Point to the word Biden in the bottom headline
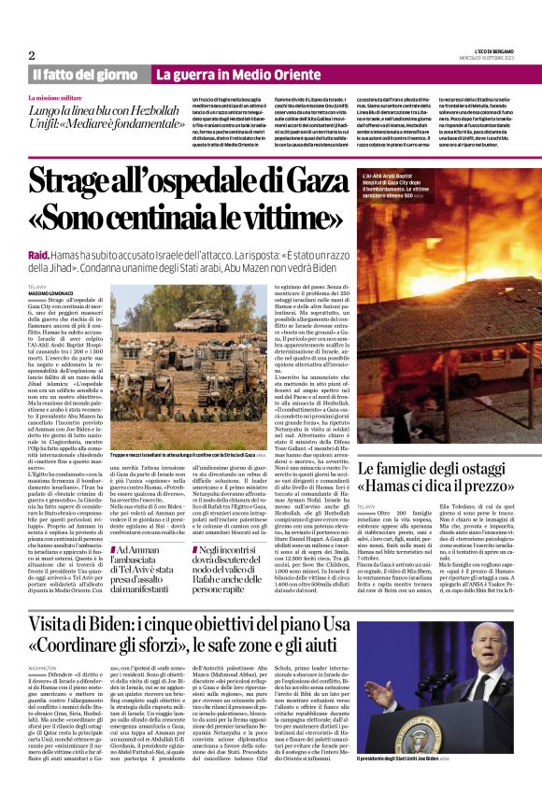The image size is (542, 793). click(132, 625)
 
